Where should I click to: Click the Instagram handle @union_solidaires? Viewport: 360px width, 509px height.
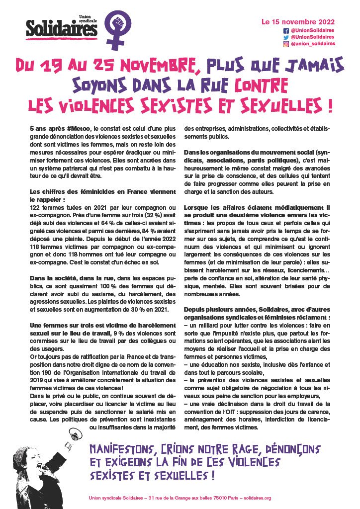(x=313, y=44)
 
